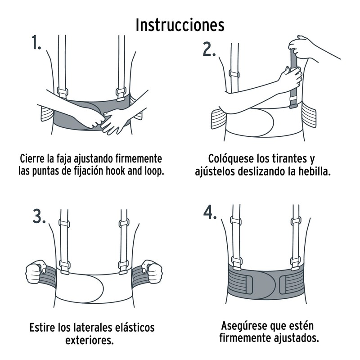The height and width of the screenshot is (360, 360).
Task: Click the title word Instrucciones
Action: point(180,25)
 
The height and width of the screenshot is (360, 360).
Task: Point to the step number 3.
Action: point(40,216)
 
